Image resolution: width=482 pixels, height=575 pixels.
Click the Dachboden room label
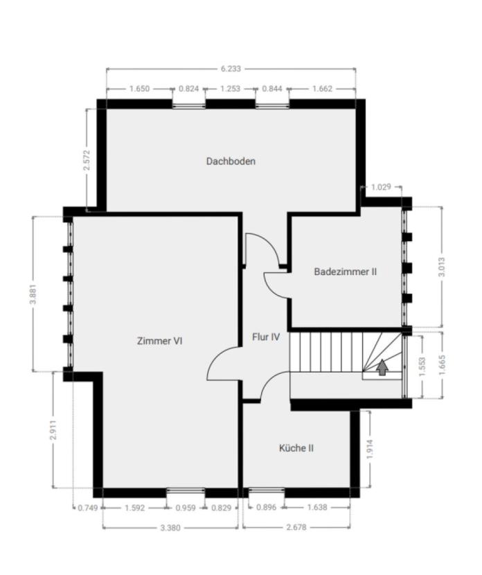click(x=231, y=161)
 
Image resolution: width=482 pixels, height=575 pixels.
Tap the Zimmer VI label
click(x=159, y=341)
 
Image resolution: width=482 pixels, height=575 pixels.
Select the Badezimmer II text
click(x=346, y=272)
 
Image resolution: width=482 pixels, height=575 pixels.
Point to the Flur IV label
click(x=266, y=337)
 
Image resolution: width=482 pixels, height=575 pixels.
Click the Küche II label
click(x=296, y=448)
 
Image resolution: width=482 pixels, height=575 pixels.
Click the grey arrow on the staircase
click(x=382, y=367)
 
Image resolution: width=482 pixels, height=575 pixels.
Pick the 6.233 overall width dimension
click(x=231, y=69)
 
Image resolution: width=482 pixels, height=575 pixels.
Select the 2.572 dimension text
click(x=87, y=160)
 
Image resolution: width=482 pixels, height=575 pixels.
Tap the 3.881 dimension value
click(x=33, y=294)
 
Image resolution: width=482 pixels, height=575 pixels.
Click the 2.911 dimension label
click(x=53, y=430)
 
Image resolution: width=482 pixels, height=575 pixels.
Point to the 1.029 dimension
click(x=381, y=187)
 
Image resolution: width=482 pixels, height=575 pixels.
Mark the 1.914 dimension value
click(x=370, y=449)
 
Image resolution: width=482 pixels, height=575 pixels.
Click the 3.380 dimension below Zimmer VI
click(x=170, y=528)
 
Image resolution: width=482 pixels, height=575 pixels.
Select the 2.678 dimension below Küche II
click(x=296, y=527)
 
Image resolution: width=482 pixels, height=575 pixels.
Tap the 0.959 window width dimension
click(x=186, y=508)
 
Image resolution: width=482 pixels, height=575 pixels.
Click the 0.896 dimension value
click(x=267, y=508)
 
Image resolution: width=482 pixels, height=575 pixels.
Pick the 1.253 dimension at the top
click(x=230, y=89)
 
